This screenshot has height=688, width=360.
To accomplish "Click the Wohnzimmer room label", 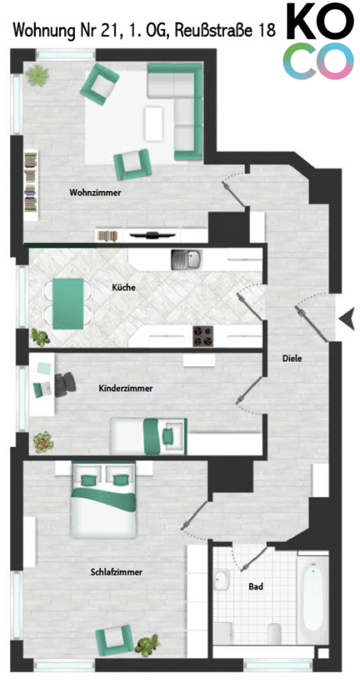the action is (x=95, y=192).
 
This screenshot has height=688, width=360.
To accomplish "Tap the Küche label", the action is (x=124, y=288).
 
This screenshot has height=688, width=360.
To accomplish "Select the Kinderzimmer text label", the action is (x=126, y=388).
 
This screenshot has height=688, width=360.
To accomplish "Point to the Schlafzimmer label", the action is (x=117, y=572).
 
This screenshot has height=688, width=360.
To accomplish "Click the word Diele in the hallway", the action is (x=292, y=358).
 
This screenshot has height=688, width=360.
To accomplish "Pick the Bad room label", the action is (x=255, y=586).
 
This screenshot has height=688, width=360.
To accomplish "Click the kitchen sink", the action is (x=186, y=260).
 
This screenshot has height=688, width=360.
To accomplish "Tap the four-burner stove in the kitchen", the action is (x=202, y=336).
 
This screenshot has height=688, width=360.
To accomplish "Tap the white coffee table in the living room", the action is (x=154, y=124).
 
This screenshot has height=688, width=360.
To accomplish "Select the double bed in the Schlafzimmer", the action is (x=105, y=500).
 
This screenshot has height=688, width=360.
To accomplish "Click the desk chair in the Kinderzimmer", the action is (x=65, y=384).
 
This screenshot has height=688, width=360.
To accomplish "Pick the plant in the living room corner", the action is (x=37, y=75).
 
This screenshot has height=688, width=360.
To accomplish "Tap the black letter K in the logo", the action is (x=303, y=22).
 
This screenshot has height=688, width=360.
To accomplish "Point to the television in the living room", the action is (x=151, y=235).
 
